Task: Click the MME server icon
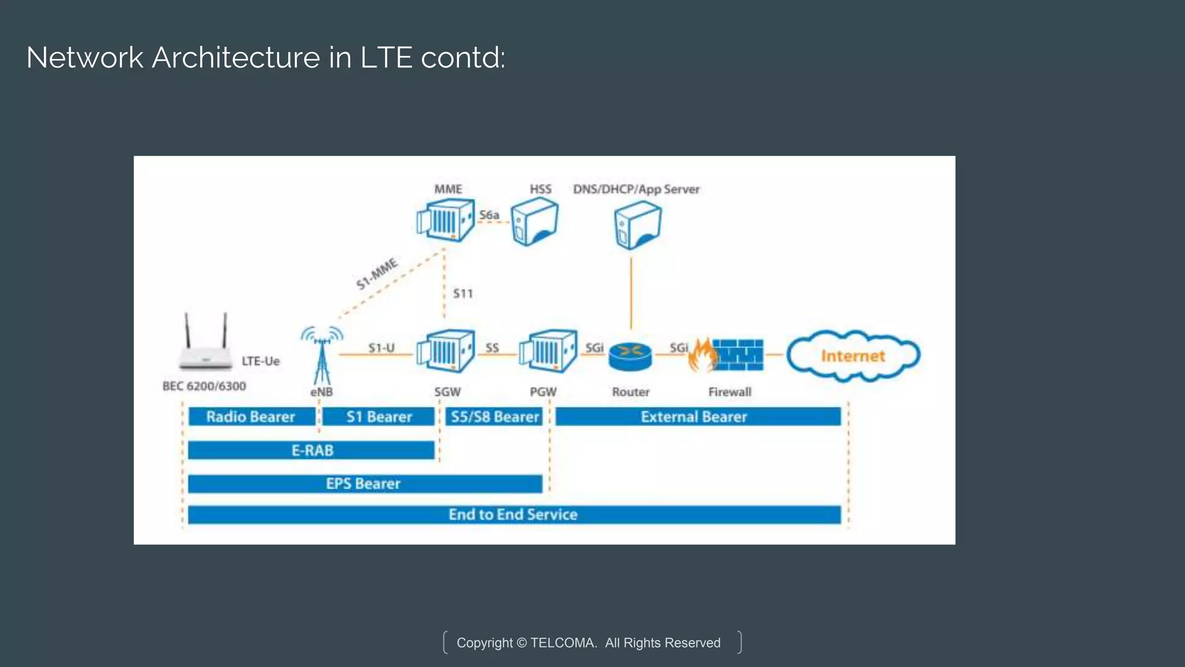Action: coord(446,221)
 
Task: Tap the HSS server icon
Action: coord(535,222)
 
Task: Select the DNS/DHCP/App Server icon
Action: coord(638,225)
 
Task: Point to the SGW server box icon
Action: coord(446,351)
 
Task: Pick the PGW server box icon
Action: coord(548,351)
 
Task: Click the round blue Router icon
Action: coord(630,356)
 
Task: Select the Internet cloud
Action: coord(853,356)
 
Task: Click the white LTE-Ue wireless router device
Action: coord(205,347)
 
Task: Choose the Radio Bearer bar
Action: coord(251,417)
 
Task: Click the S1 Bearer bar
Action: coord(378,417)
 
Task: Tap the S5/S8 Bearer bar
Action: coord(494,417)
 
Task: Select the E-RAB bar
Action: coord(311,450)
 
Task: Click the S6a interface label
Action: coord(489,215)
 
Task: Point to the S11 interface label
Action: coord(463,294)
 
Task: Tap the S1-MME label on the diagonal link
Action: coord(377,274)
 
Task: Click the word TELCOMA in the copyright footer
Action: coord(562,643)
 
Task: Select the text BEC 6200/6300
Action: coord(204,386)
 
